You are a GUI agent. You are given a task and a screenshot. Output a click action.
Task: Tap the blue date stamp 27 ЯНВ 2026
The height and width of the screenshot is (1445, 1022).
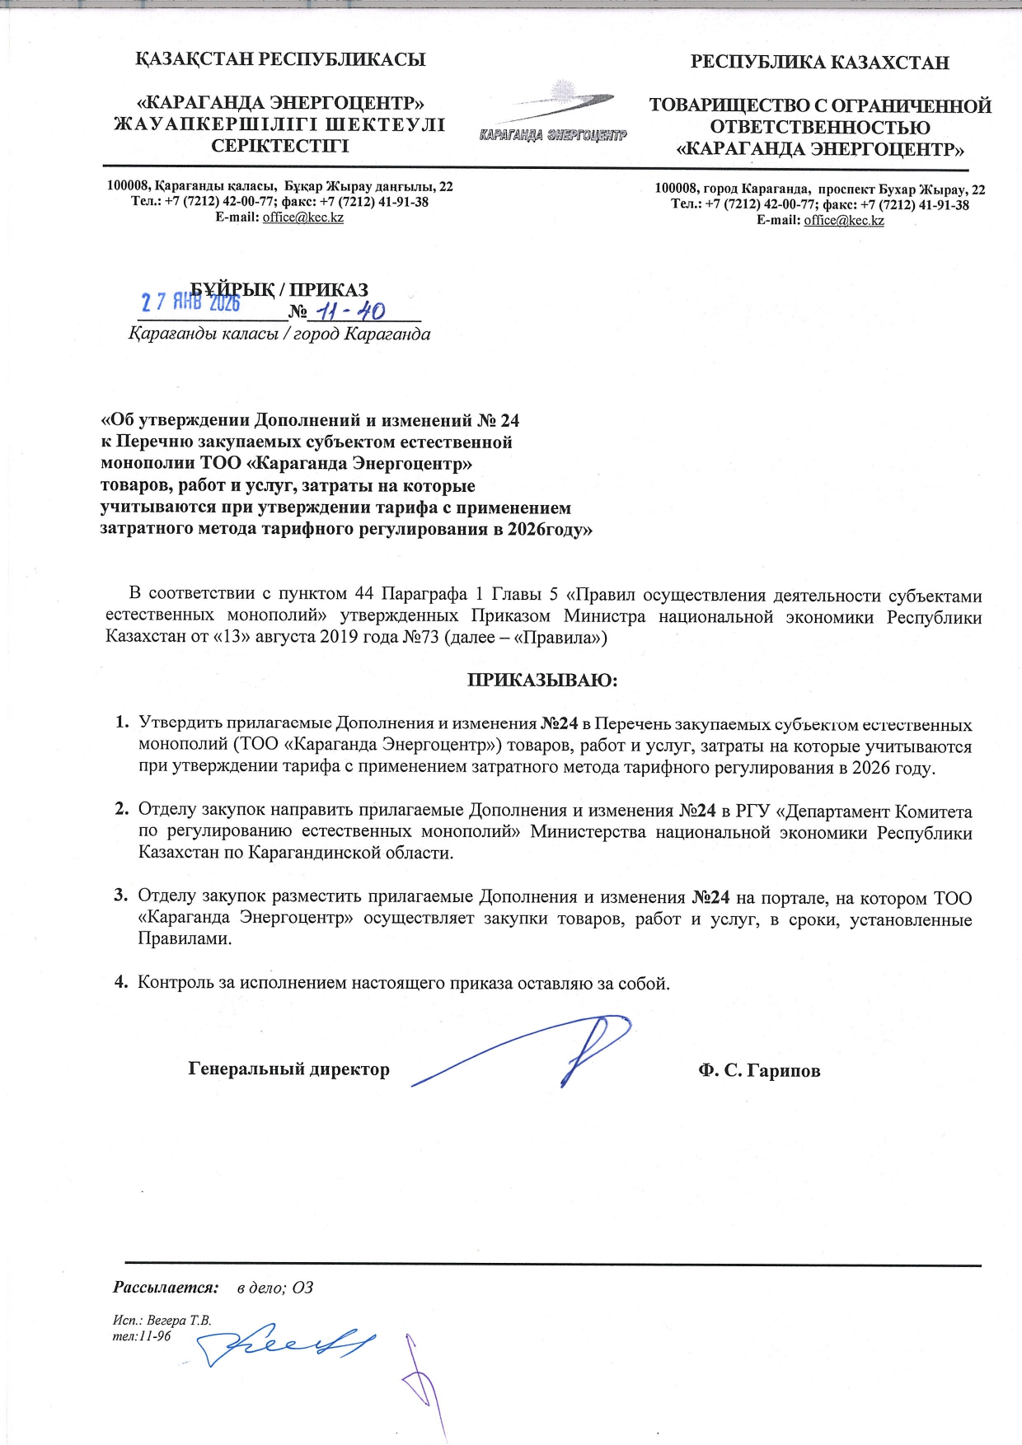click(x=190, y=302)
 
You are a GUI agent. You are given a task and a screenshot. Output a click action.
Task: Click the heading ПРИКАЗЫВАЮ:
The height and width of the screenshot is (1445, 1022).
click(x=542, y=680)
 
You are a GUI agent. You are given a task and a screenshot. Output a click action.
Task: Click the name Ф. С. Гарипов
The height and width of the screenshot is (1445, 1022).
click(x=759, y=1070)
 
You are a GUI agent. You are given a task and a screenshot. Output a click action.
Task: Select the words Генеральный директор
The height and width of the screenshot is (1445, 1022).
click(x=288, y=1069)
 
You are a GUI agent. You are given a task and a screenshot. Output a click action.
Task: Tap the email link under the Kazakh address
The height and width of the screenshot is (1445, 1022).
click(x=302, y=217)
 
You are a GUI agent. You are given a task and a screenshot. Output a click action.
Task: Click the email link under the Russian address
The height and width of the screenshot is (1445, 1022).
click(x=844, y=220)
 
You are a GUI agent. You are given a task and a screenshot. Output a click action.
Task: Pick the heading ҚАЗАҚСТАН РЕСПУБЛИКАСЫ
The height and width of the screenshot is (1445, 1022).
click(x=280, y=59)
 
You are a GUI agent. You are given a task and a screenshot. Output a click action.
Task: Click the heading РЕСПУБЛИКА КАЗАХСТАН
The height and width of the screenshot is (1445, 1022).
click(x=819, y=63)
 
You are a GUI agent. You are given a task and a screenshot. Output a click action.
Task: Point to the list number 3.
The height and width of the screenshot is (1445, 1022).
click(x=120, y=896)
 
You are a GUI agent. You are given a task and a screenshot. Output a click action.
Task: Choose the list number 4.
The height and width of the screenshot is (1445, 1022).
click(x=120, y=982)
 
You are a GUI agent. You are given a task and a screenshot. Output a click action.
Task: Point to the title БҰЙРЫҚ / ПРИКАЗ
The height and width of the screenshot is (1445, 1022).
click(x=280, y=289)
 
